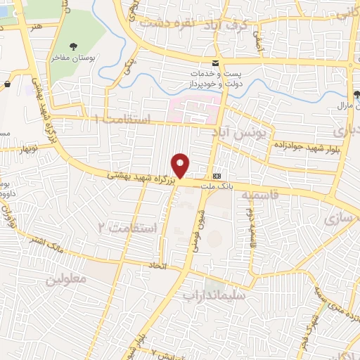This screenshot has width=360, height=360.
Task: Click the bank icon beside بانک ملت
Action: pyautogui.click(x=217, y=176)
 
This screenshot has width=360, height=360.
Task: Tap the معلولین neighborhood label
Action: pyautogui.click(x=66, y=278)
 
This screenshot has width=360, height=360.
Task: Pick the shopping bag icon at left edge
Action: pyautogui.click(x=7, y=84)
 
